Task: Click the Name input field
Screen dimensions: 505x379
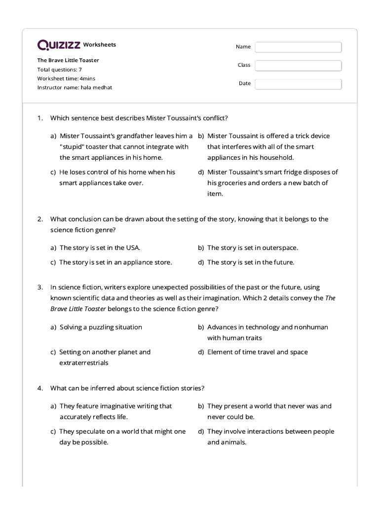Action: coord(298,47)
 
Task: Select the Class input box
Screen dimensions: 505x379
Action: coord(298,66)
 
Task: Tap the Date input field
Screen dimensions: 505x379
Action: coord(298,84)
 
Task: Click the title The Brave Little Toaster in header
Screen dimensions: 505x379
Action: coord(68,60)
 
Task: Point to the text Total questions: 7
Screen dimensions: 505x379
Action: coord(60,70)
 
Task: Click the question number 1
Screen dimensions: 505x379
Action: coord(40,118)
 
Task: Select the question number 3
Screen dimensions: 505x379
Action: coord(40,287)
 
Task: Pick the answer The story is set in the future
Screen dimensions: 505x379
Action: coord(250,262)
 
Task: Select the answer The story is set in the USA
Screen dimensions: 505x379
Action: coord(103,248)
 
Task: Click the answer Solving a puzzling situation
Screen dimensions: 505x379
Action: coord(101,327)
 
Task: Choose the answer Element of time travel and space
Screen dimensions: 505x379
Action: coord(257,352)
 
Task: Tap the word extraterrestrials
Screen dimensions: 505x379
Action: coord(84,363)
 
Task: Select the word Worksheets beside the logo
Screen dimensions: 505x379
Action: coord(100,45)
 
